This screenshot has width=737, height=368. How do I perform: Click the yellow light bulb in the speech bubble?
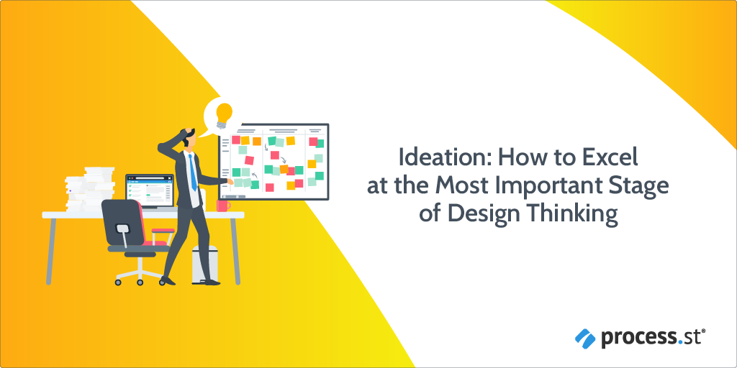click(x=224, y=115)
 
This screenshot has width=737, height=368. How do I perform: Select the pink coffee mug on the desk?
click(x=223, y=206)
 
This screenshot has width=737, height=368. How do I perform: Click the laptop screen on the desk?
click(x=150, y=191)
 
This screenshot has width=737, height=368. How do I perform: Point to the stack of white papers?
click(x=90, y=189)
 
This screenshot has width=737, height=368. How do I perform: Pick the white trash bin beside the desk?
click(x=205, y=264)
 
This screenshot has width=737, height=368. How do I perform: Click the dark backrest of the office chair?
click(x=122, y=222)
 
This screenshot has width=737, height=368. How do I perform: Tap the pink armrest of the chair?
click(x=163, y=231)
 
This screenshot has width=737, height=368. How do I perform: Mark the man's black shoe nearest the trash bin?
click(x=211, y=282)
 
